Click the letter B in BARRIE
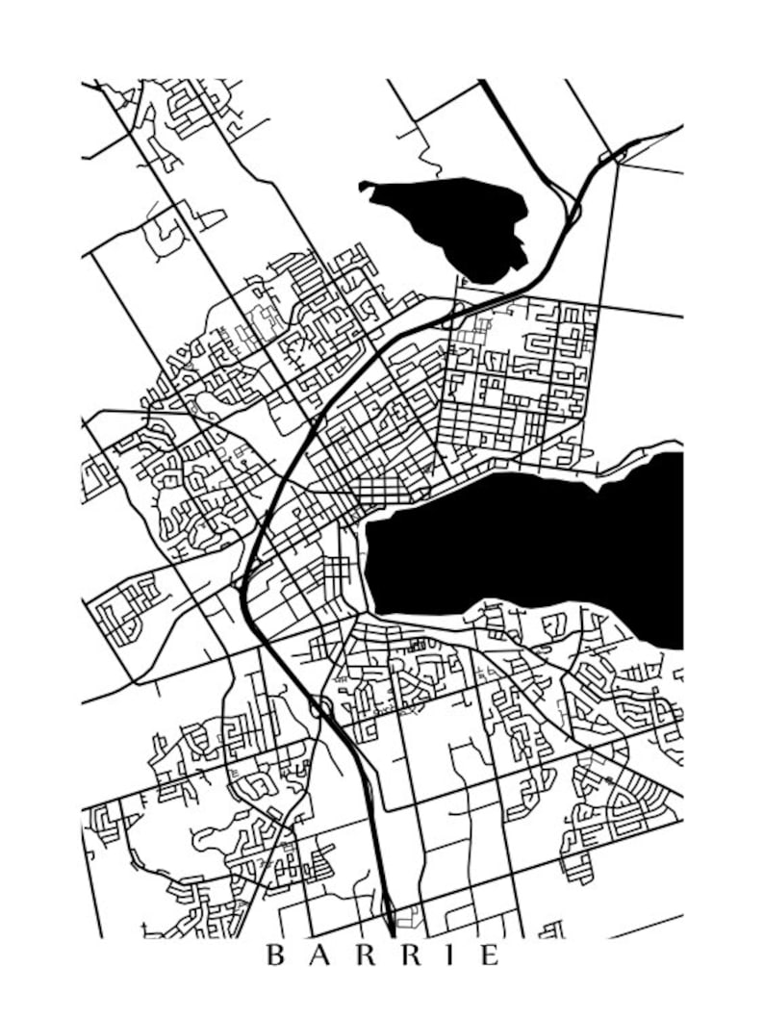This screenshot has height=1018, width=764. [274, 955]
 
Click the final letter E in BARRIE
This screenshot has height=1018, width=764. [491, 955]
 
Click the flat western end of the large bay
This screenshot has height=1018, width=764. [369, 558]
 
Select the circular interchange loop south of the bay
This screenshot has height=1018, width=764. [320, 710]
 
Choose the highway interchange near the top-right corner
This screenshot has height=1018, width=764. [616, 154]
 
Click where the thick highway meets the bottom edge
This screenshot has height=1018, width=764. [390, 931]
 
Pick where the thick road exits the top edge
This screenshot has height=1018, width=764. [482, 83]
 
